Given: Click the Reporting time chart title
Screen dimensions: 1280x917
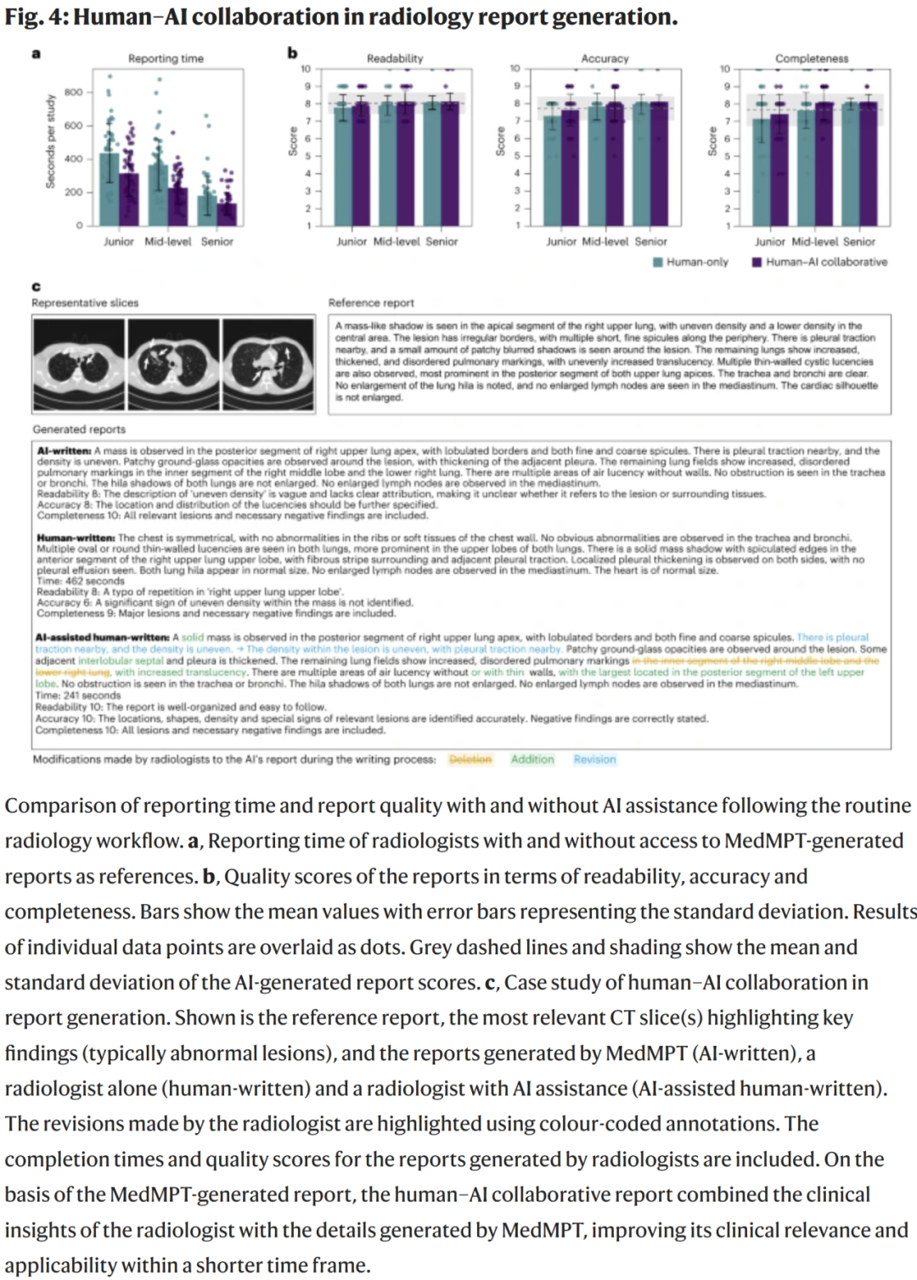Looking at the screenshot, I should click(166, 59).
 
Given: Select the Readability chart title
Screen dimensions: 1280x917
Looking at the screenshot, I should click(395, 59).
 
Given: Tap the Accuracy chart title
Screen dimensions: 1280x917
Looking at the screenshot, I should click(605, 59).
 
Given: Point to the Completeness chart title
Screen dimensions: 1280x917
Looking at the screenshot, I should click(812, 59).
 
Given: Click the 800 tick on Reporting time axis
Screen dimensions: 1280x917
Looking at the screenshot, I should click(74, 92).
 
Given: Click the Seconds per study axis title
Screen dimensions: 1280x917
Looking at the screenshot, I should click(51, 141).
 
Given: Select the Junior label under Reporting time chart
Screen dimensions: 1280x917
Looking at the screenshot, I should click(119, 242).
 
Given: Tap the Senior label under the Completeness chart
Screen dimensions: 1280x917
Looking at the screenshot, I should click(859, 242).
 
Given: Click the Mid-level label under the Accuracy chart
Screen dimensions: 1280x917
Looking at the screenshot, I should click(605, 242).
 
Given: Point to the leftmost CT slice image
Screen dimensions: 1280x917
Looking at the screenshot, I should click(79, 364).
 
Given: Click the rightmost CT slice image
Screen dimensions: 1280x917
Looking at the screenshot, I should click(270, 364).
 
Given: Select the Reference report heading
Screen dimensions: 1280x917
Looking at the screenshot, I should click(371, 303).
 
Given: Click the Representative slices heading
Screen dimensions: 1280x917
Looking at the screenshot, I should click(85, 303).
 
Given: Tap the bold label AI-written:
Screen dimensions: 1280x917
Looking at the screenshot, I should click(64, 451).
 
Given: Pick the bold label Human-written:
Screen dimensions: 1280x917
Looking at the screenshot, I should click(76, 538).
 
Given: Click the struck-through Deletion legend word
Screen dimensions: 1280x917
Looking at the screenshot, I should click(470, 760).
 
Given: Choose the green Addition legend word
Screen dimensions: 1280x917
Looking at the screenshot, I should click(532, 760).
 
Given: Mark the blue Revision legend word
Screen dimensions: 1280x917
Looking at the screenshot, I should click(594, 760).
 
